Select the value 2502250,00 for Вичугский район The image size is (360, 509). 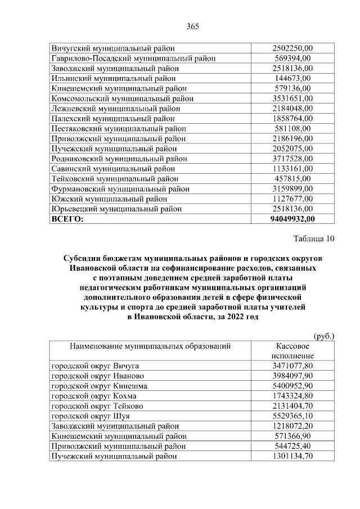[292, 48]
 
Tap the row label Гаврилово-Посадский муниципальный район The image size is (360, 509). [133, 58]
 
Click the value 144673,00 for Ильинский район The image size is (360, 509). [292, 78]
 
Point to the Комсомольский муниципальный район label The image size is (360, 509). [122, 98]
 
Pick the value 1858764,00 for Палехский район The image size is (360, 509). [292, 119]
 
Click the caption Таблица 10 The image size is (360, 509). [314, 238]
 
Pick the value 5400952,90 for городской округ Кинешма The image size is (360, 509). [292, 386]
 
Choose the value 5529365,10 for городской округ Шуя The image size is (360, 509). [292, 416]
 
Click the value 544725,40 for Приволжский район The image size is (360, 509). [292, 447]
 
